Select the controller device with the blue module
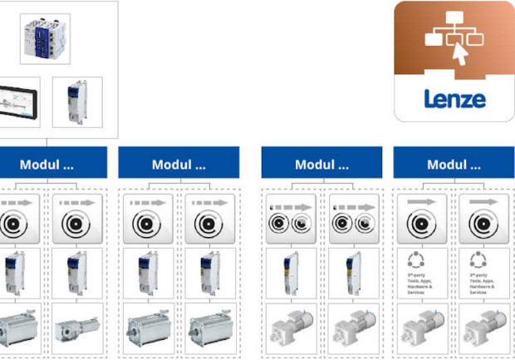tap(45, 37)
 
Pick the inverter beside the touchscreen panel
tap(76, 102)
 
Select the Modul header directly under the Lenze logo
tap(453, 164)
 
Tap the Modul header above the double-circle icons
tap(321, 164)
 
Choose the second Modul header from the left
tap(178, 164)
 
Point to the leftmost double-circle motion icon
tap(291, 220)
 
